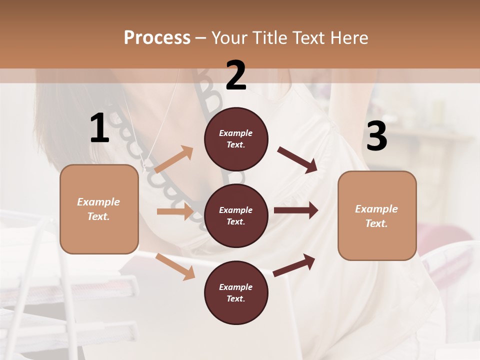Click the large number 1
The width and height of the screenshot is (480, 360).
pyautogui.click(x=99, y=128)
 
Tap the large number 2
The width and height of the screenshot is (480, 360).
pyautogui.click(x=235, y=75)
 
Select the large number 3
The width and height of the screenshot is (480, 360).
pyautogui.click(x=376, y=136)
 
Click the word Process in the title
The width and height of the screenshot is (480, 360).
pyautogui.click(x=157, y=37)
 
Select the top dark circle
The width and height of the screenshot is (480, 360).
pyautogui.click(x=236, y=139)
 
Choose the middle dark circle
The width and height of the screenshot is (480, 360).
pyautogui.click(x=236, y=215)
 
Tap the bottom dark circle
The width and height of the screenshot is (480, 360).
pyautogui.click(x=236, y=292)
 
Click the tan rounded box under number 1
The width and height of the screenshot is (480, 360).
pyautogui.click(x=99, y=209)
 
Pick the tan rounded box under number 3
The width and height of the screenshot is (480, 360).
pyautogui.click(x=377, y=215)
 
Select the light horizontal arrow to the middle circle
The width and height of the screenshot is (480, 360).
pyautogui.click(x=175, y=211)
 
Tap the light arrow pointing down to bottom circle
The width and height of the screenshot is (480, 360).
pyautogui.click(x=175, y=266)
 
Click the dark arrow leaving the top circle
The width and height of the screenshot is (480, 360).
pyautogui.click(x=297, y=159)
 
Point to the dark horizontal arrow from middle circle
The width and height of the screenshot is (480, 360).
pyautogui.click(x=295, y=210)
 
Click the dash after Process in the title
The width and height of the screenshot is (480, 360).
pyautogui.click(x=200, y=38)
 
